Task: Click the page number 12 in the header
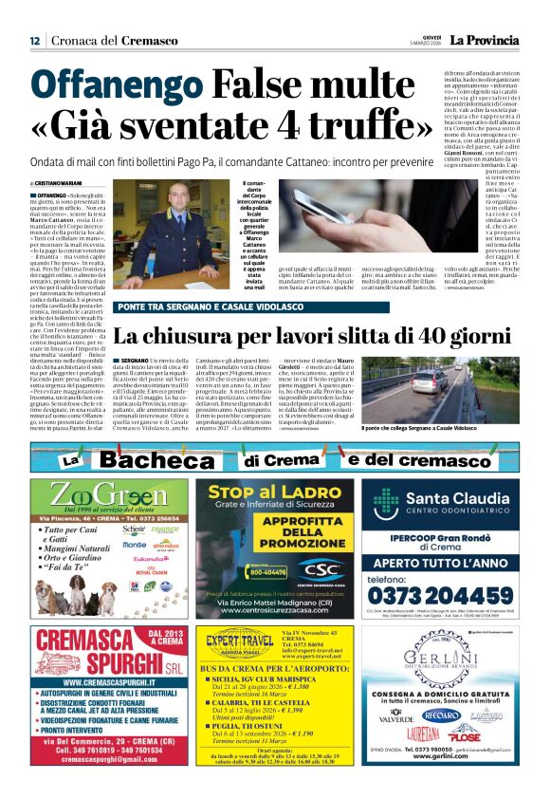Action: tap(34, 40)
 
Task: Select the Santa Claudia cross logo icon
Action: tap(385, 503)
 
